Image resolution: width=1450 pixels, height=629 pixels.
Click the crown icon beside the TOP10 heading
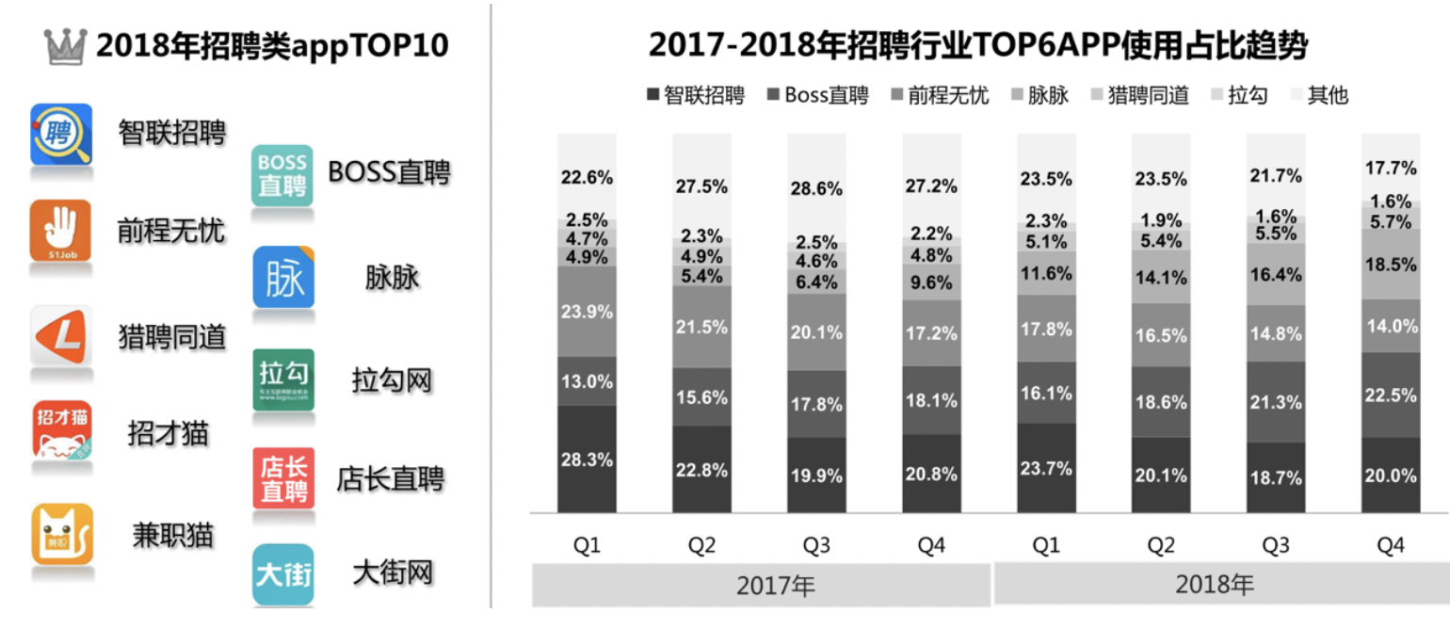coord(65,46)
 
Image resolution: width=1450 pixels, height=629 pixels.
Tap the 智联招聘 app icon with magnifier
coord(61,135)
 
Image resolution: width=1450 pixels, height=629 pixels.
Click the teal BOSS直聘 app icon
coord(282,175)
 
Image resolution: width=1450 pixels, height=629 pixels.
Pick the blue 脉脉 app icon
coord(282,279)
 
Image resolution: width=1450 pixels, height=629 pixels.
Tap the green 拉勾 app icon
coord(282,379)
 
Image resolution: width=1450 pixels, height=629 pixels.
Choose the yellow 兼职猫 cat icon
coord(62,534)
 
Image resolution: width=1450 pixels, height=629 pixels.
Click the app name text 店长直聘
coord(390,479)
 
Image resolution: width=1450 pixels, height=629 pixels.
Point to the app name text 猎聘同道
coord(172,337)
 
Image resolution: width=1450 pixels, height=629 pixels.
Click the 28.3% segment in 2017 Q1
coord(587,460)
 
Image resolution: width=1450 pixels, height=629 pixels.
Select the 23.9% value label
coord(587,312)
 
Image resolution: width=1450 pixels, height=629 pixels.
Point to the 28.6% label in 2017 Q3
coord(816,188)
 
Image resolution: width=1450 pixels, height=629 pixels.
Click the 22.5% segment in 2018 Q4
coord(1391,395)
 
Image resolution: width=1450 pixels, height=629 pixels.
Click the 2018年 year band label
coord(1214,585)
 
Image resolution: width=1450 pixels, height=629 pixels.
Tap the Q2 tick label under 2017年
coord(701,547)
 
